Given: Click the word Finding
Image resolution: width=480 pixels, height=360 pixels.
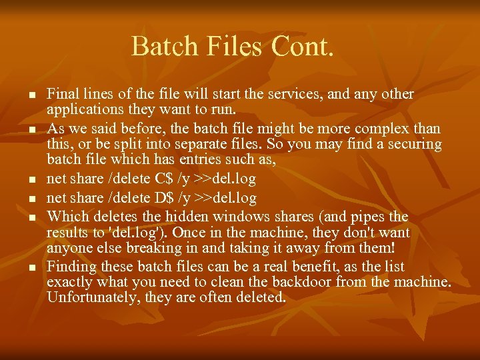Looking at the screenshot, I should [71, 267].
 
